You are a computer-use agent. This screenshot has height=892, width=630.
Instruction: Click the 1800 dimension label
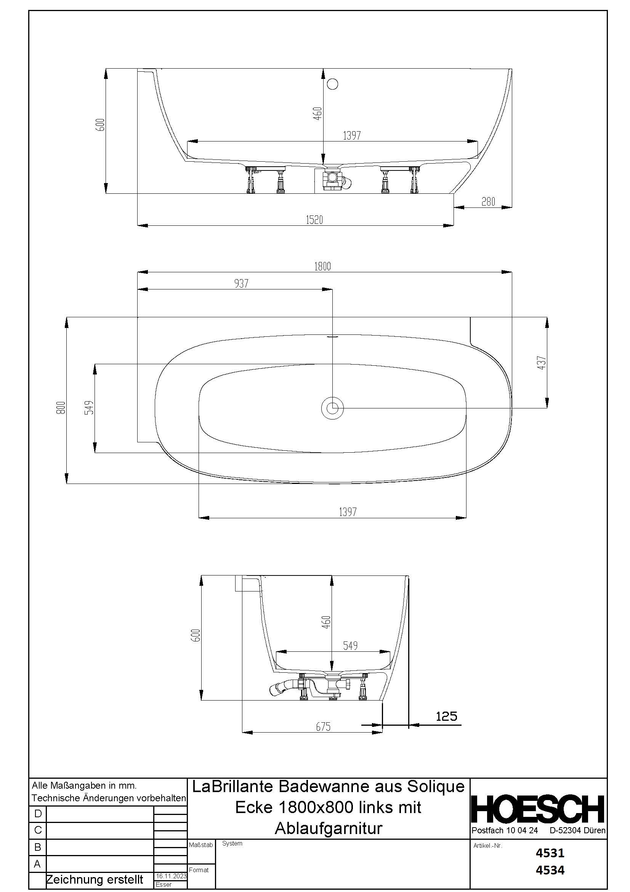click(x=322, y=266)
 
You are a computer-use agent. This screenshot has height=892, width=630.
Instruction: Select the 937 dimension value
click(x=241, y=284)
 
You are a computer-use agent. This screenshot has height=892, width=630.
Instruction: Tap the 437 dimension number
click(x=542, y=362)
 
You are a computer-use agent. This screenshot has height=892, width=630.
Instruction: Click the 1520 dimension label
click(x=314, y=220)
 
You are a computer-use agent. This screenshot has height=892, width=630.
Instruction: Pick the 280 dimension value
click(x=488, y=202)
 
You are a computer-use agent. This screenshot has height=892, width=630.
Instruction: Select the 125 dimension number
click(x=446, y=716)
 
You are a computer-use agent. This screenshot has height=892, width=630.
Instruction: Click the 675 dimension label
click(x=323, y=727)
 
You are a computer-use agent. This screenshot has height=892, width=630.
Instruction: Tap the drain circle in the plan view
click(x=332, y=408)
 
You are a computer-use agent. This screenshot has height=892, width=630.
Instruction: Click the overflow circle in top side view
click(x=333, y=84)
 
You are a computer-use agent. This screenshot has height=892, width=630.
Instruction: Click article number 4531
click(x=550, y=853)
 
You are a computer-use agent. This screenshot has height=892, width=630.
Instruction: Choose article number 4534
click(x=550, y=870)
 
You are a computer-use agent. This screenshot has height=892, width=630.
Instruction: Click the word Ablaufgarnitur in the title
click(x=329, y=828)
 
